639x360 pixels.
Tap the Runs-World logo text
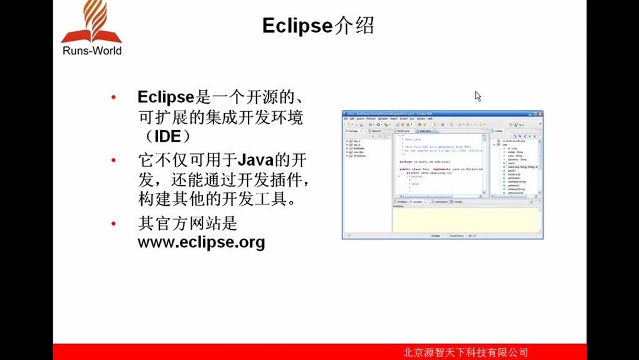coord(92,51)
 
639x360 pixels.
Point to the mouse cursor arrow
coord(477,96)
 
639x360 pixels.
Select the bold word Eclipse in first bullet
coord(166,97)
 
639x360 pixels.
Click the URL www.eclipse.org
coord(201,242)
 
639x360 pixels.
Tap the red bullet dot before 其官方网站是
coord(114,224)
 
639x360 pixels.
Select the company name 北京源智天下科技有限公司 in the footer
coord(465,352)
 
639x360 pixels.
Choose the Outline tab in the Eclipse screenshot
coord(499,131)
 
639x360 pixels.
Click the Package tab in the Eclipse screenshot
coord(353,131)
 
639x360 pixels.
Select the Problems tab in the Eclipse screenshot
coord(402,202)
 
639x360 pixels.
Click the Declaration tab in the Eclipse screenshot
coord(441,202)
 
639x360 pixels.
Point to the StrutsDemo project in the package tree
coord(359,156)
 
